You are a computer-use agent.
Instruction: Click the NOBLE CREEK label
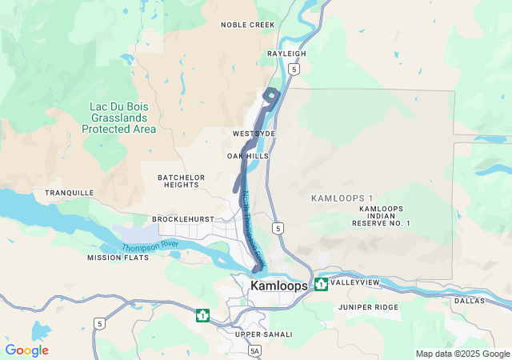tap(247, 25)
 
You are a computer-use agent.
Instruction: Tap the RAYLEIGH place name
tap(286, 54)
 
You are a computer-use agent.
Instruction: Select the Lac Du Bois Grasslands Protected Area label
tap(118, 117)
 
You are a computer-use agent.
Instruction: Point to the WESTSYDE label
tap(254, 133)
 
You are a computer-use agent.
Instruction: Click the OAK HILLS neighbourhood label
tap(247, 156)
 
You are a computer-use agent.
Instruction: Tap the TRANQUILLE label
tap(69, 193)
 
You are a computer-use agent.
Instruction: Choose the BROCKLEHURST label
tap(185, 218)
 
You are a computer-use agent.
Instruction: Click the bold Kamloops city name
tap(279, 286)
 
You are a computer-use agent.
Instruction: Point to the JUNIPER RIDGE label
tap(367, 307)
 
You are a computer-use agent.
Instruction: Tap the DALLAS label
tap(469, 301)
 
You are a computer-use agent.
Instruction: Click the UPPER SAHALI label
tap(263, 334)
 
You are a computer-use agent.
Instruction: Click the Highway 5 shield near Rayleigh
tap(295, 70)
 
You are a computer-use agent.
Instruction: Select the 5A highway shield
tap(254, 350)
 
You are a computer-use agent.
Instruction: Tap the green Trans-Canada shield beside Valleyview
tap(321, 284)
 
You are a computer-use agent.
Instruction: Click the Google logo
tap(26, 350)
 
